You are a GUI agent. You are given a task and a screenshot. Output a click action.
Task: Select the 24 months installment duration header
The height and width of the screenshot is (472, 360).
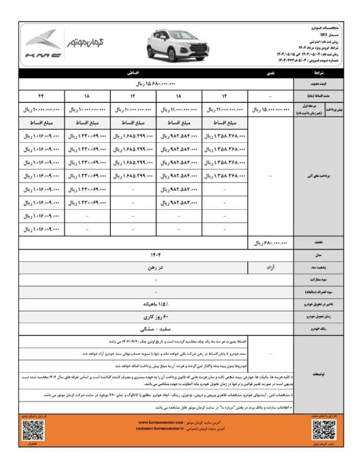click(41, 97)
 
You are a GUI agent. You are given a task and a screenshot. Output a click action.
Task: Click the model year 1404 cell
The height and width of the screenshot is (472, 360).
click(155, 255)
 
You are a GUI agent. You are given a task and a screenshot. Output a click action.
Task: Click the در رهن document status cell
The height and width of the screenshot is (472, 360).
click(155, 267)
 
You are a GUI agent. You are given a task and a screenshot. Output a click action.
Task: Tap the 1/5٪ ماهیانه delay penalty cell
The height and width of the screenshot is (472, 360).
click(155, 304)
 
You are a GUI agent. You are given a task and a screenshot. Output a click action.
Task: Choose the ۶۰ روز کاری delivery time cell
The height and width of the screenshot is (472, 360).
click(155, 317)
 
